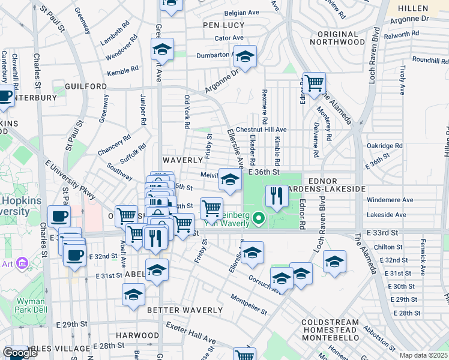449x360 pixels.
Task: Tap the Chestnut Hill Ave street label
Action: tap(261, 130)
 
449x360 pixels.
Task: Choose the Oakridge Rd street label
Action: tap(384, 146)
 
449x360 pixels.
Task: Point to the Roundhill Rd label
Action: tap(430, 61)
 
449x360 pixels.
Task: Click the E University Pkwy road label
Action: tap(70, 179)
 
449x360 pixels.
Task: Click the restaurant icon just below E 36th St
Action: tap(276, 196)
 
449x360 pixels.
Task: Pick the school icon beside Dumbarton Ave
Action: tap(244, 57)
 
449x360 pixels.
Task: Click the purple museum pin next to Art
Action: tap(23, 263)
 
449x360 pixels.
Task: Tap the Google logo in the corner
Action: tap(20, 353)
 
